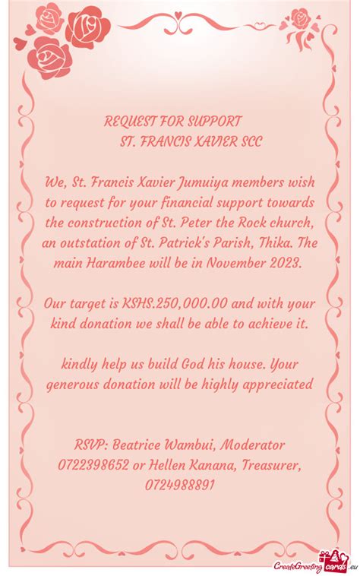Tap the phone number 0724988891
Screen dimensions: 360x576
(x=179, y=485)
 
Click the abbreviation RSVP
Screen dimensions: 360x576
(x=92, y=444)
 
